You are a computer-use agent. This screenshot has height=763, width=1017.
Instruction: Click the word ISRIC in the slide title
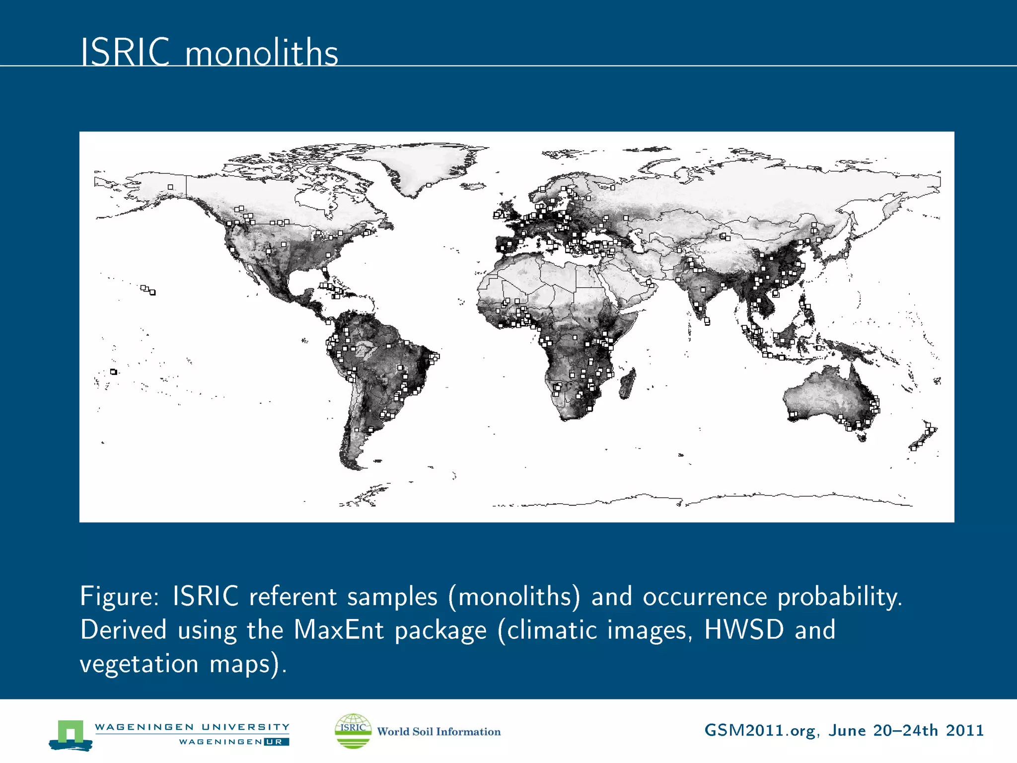125,52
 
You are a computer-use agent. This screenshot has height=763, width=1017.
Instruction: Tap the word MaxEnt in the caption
339,630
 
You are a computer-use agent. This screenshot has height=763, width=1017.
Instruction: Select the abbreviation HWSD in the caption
744,630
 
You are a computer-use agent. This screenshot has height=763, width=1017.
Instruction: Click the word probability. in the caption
839,597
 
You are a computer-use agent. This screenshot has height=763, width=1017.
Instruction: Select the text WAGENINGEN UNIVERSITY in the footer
192,727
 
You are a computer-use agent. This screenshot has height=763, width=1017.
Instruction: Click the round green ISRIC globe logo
353,731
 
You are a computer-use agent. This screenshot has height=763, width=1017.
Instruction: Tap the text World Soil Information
439,732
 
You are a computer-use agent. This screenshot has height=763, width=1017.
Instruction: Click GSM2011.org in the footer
760,731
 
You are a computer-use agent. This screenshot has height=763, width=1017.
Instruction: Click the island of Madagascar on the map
627,384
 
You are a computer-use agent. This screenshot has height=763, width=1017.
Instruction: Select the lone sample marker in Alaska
170,187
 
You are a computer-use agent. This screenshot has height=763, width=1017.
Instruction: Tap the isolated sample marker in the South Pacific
114,372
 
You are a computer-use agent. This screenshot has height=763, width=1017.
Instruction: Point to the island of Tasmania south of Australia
862,437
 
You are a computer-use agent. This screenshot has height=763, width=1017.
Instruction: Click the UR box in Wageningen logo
276,742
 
